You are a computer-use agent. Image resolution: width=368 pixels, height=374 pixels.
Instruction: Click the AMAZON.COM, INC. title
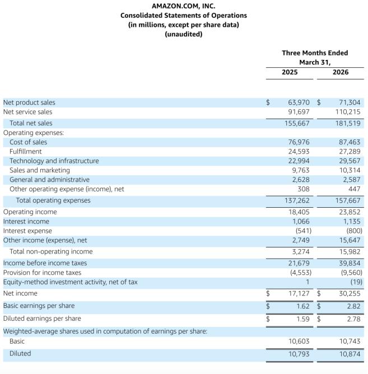coord(184,6)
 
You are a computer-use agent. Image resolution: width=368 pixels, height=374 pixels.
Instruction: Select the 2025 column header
coord(290,72)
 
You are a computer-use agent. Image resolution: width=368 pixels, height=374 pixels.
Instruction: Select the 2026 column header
coord(340,72)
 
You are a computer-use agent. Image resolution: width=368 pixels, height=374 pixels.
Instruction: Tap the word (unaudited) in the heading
coord(184,34)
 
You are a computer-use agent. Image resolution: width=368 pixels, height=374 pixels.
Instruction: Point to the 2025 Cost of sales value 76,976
coord(299,142)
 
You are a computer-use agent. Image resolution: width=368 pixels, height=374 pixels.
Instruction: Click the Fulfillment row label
coord(25,151)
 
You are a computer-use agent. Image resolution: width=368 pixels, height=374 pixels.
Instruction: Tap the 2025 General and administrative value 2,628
coord(301,180)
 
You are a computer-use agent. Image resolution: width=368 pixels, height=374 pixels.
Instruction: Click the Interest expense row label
coord(27,231)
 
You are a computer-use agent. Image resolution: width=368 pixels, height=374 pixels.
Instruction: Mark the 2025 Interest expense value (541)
coord(302,231)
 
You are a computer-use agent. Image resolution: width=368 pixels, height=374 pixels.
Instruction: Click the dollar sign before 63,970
coord(268,102)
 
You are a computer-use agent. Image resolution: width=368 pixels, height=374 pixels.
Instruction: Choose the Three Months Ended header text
coord(315,53)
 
